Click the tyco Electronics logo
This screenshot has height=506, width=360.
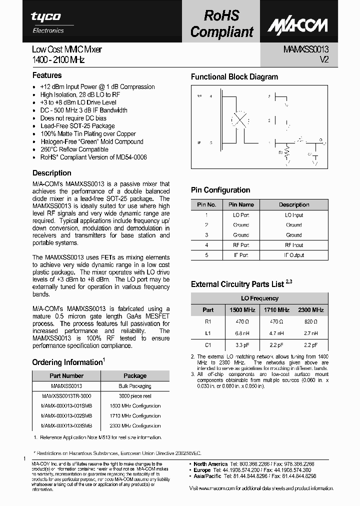click(46, 21)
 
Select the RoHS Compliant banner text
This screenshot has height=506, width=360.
click(222, 23)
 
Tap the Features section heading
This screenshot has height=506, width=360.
click(47, 75)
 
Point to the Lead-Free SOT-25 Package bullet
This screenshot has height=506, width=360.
click(77, 126)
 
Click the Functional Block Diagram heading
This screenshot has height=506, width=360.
click(234, 77)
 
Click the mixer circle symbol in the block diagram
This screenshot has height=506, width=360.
click(240, 120)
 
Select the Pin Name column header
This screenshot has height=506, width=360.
click(241, 204)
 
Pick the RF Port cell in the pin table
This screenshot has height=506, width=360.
click(241, 245)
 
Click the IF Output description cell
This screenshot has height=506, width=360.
click(294, 255)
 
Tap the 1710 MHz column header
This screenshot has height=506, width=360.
click(276, 310)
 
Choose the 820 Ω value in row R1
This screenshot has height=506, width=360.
click(310, 322)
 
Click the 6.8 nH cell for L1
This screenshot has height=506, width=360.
click(242, 333)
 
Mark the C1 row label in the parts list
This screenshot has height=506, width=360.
click(208, 345)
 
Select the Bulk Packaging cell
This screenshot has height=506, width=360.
click(135, 386)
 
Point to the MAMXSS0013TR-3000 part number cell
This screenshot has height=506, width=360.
click(66, 395)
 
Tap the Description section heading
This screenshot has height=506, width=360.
click(52, 173)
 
